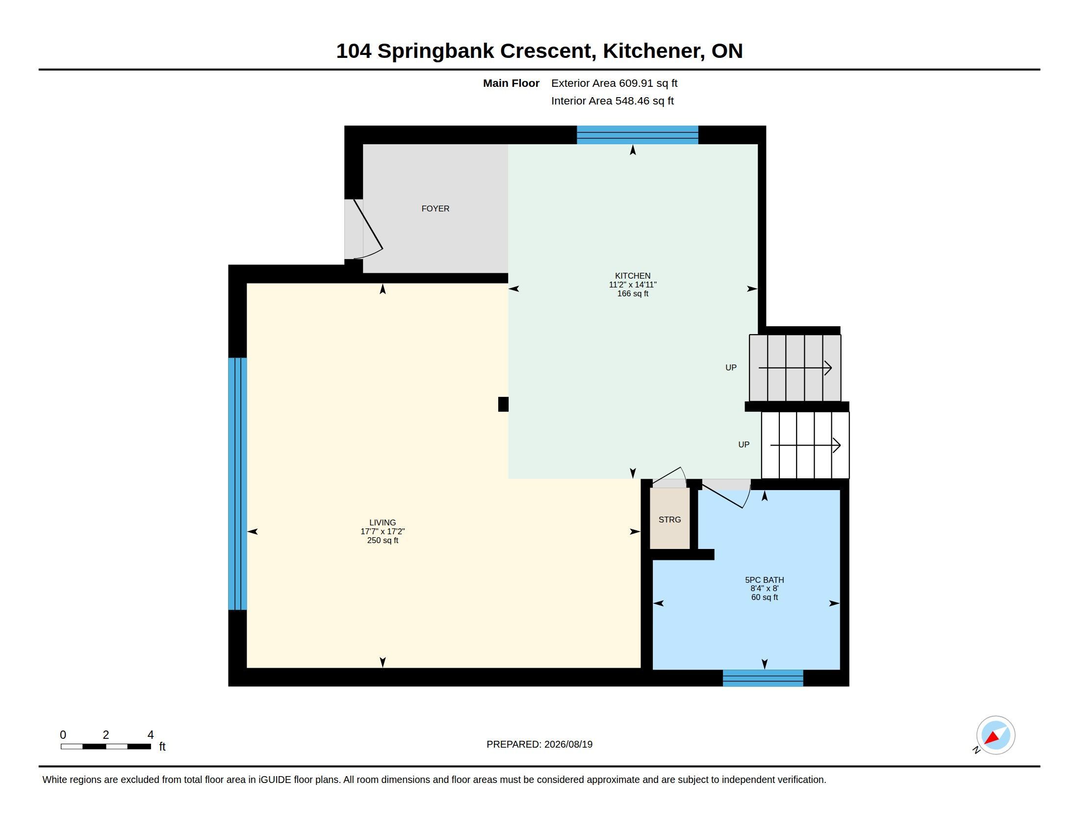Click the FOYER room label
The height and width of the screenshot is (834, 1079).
coord(435,208)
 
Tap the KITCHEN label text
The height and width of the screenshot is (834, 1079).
coord(632,276)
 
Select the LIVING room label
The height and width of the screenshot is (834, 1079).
coord(383,522)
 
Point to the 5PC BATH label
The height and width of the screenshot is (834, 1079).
coord(764,579)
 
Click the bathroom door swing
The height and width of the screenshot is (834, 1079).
coord(726,493)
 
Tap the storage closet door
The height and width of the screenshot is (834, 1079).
coord(669,477)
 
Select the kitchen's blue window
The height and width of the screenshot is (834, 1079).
coord(637,135)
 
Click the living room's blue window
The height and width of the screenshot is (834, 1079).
coord(237,484)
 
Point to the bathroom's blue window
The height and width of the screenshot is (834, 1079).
coord(763,678)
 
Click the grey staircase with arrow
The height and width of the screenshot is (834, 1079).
coord(795,368)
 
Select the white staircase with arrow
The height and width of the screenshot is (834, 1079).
coord(805,445)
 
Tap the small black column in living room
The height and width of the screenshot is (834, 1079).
coord(503,404)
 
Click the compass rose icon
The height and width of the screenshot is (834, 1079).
coord(995,735)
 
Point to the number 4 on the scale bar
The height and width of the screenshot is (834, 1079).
coord(151,735)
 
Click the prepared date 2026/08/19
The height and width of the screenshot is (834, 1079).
coord(568,744)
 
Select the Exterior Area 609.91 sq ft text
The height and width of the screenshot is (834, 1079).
coord(614,83)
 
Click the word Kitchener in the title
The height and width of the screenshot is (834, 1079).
coord(654,51)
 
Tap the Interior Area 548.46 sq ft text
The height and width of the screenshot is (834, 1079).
coord(612,101)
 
